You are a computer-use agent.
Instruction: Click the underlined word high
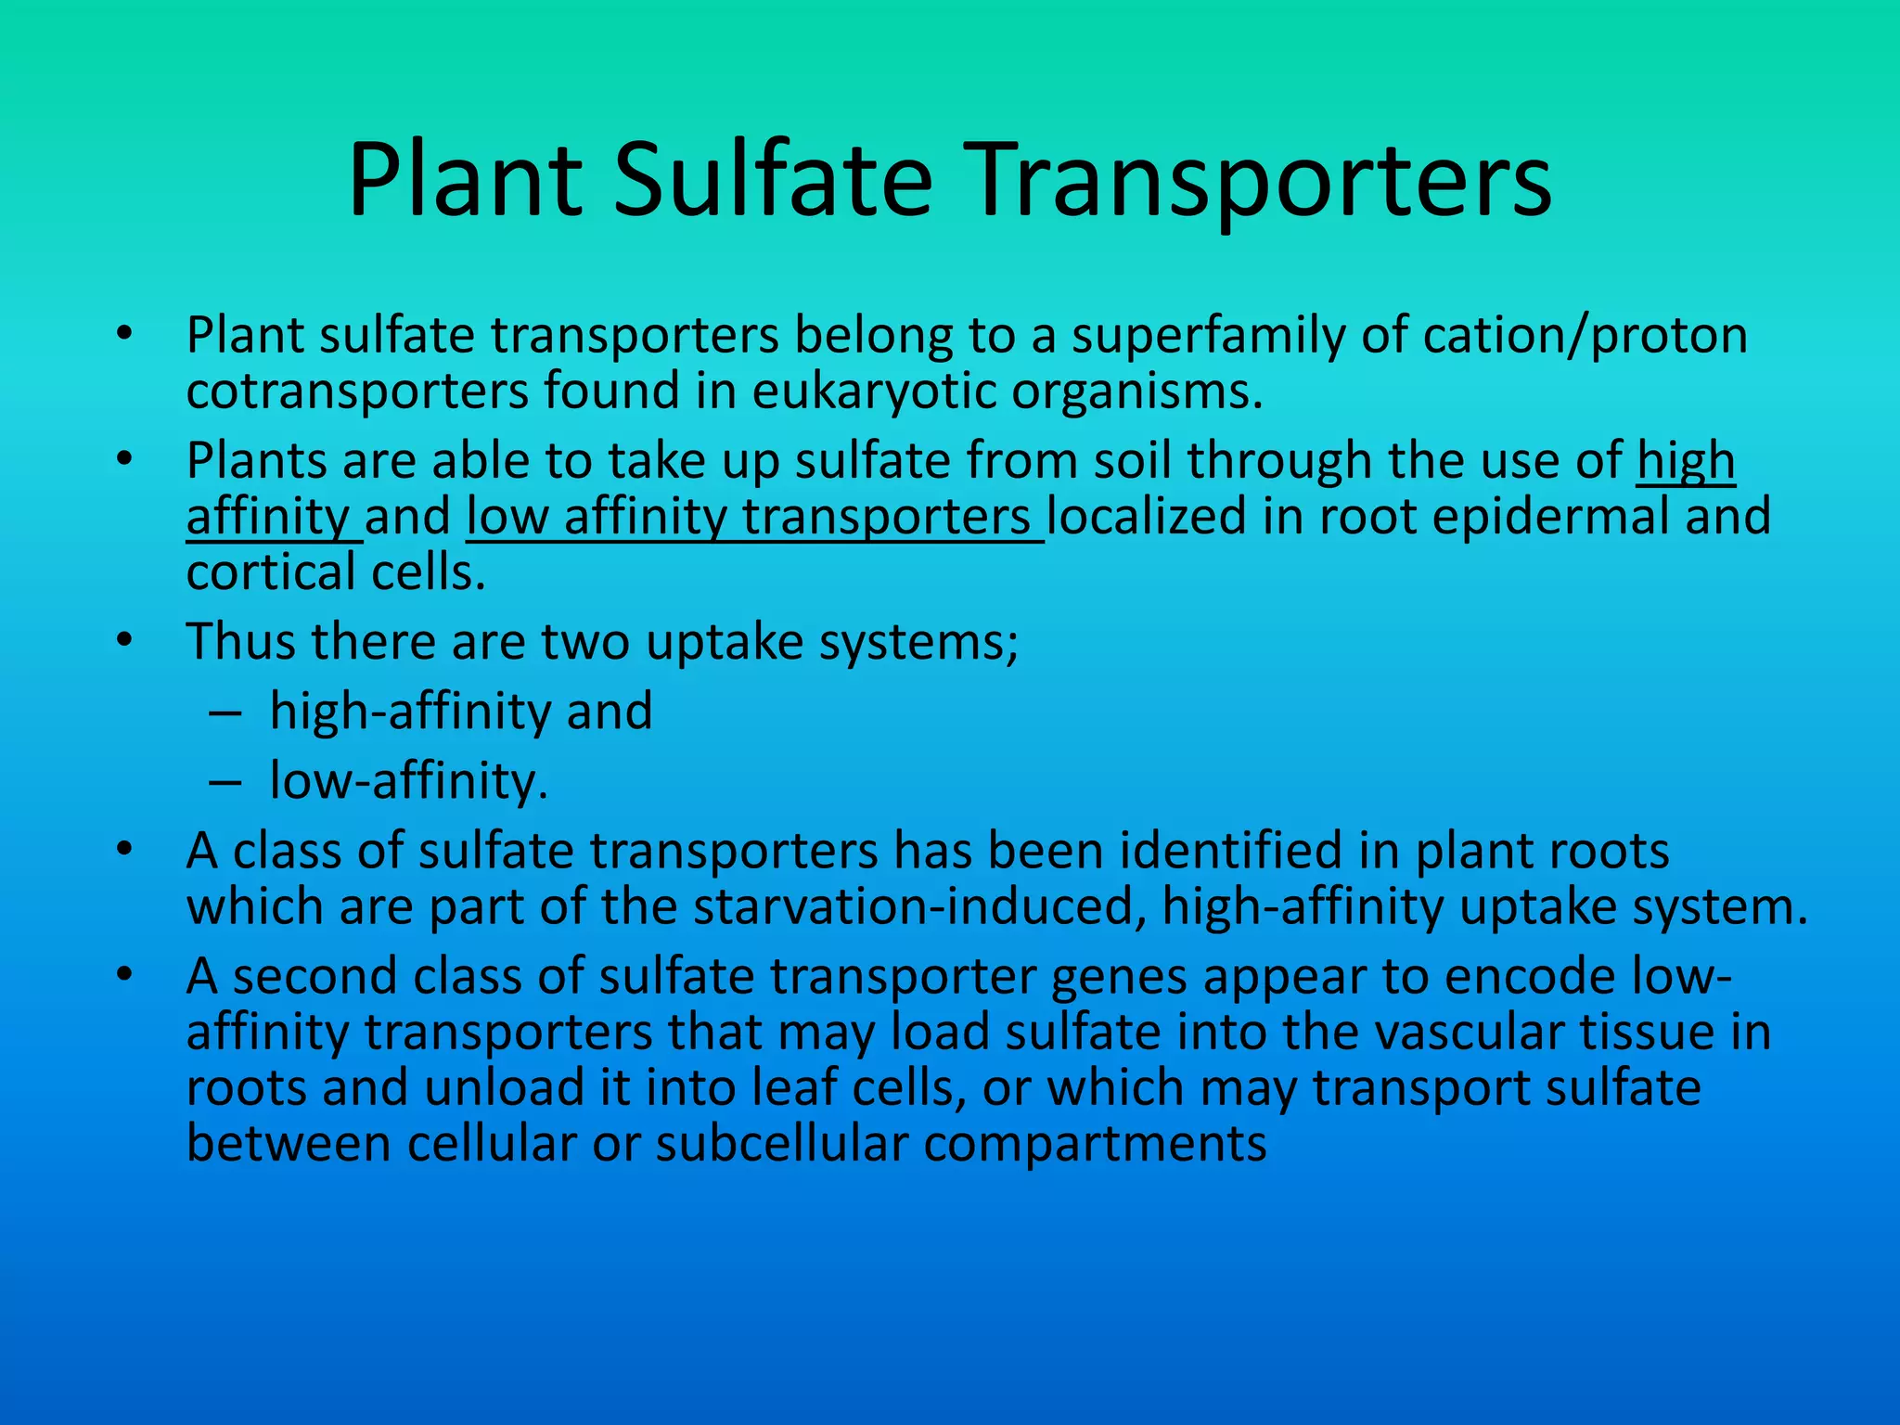click(1686, 461)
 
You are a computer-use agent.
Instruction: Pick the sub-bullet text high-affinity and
click(461, 712)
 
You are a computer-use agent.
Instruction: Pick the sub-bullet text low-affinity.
click(408, 781)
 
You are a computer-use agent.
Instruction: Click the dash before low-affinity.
click(225, 781)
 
